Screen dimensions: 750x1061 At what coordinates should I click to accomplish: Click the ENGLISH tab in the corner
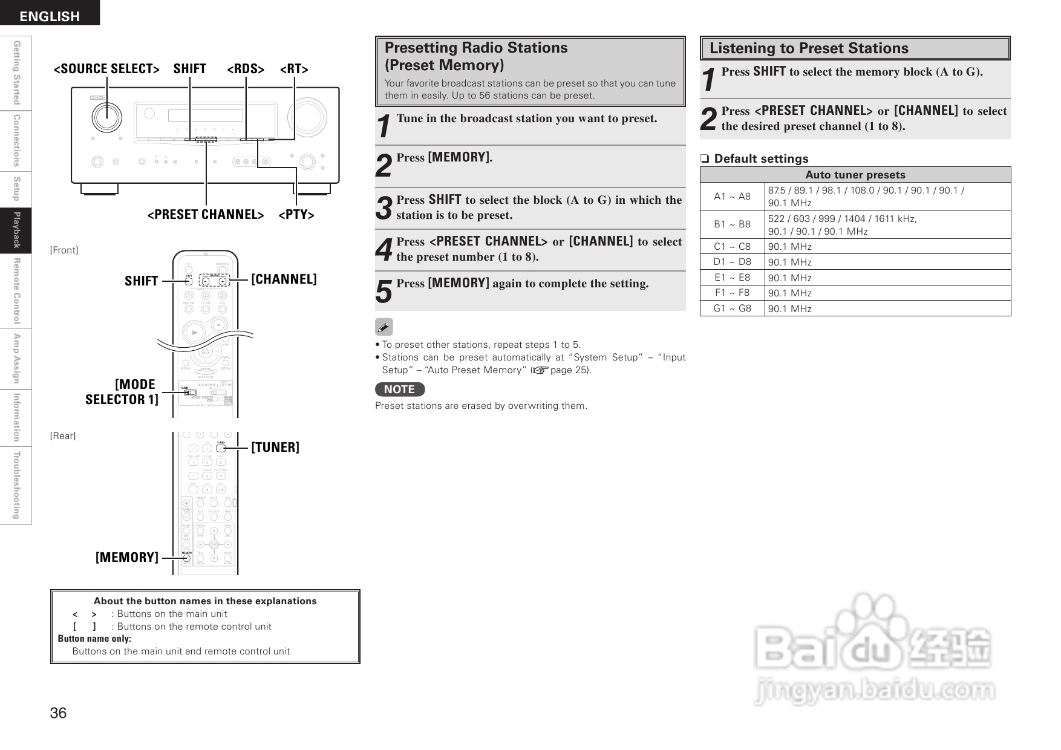click(x=50, y=16)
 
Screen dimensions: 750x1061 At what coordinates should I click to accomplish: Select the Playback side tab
click(x=16, y=230)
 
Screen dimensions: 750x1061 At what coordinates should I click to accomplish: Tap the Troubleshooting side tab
click(x=16, y=485)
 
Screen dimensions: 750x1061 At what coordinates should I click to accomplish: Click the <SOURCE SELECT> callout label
click(x=106, y=69)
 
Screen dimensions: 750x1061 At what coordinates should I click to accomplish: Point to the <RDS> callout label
click(x=246, y=69)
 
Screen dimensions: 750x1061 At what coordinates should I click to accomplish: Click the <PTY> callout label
click(x=296, y=215)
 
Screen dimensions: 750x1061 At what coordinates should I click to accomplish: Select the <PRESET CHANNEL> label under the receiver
click(x=206, y=215)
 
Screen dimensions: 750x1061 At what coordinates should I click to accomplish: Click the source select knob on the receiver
click(x=106, y=117)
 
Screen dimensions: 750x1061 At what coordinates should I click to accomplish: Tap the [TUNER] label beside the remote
click(x=275, y=447)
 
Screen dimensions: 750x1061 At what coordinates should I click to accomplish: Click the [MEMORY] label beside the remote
click(x=127, y=557)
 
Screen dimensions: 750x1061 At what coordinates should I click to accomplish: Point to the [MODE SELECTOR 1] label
click(x=122, y=392)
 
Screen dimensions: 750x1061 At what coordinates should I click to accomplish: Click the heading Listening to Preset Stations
click(x=809, y=48)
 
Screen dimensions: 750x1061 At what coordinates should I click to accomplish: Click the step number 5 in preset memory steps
click(x=384, y=292)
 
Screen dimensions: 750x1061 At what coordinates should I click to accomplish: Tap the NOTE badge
click(x=399, y=390)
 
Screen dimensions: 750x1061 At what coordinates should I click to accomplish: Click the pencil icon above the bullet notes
click(x=384, y=327)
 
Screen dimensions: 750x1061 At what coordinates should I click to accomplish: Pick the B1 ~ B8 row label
click(x=732, y=224)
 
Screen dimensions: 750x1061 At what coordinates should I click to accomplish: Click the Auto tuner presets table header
click(x=855, y=175)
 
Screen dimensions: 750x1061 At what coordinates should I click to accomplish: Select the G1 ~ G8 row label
click(x=732, y=308)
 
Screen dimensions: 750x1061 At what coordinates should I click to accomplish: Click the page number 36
click(x=58, y=713)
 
